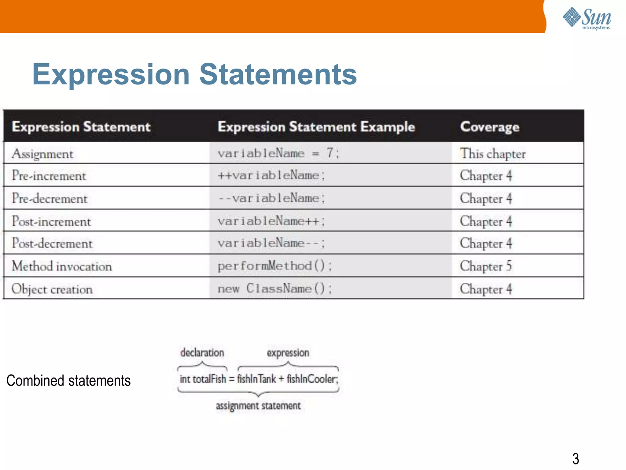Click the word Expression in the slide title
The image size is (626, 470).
[111, 74]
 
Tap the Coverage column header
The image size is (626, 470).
[490, 127]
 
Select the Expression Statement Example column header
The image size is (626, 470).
[316, 127]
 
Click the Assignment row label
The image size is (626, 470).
[42, 154]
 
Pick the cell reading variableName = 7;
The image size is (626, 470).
[278, 153]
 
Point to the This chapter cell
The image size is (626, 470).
[493, 154]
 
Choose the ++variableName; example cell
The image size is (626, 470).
[271, 175]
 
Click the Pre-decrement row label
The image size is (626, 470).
[50, 199]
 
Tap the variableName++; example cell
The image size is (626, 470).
[271, 221]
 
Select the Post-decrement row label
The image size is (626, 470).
[52, 243]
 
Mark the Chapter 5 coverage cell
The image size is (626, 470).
[486, 266]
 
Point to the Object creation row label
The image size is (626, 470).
[52, 289]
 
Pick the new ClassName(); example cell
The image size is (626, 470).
[274, 289]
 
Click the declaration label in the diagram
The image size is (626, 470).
[202, 353]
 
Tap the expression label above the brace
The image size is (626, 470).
[288, 353]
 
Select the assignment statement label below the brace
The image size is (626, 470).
[258, 406]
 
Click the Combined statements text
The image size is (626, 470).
[68, 381]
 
